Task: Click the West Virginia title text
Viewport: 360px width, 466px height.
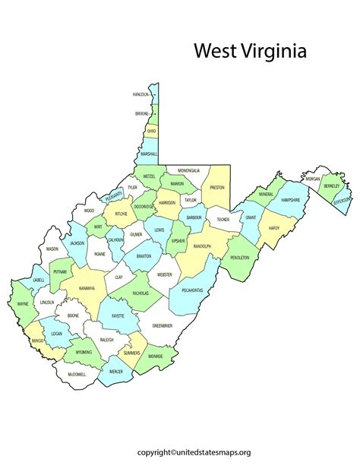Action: (x=250, y=52)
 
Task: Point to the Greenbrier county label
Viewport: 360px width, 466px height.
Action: (x=163, y=325)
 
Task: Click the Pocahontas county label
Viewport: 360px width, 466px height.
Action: (x=191, y=290)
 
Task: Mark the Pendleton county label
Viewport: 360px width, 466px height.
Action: (x=241, y=258)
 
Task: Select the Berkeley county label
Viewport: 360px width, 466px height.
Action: (x=331, y=185)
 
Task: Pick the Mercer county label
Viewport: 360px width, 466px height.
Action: (x=115, y=372)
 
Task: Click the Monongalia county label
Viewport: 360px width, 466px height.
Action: (x=189, y=170)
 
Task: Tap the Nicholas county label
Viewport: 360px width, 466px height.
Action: (x=140, y=293)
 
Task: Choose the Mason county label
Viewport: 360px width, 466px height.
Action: (x=52, y=249)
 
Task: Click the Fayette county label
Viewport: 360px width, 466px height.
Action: (x=118, y=315)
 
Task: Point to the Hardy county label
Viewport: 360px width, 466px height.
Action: (x=274, y=227)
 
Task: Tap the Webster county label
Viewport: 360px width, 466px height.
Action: (x=165, y=274)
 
